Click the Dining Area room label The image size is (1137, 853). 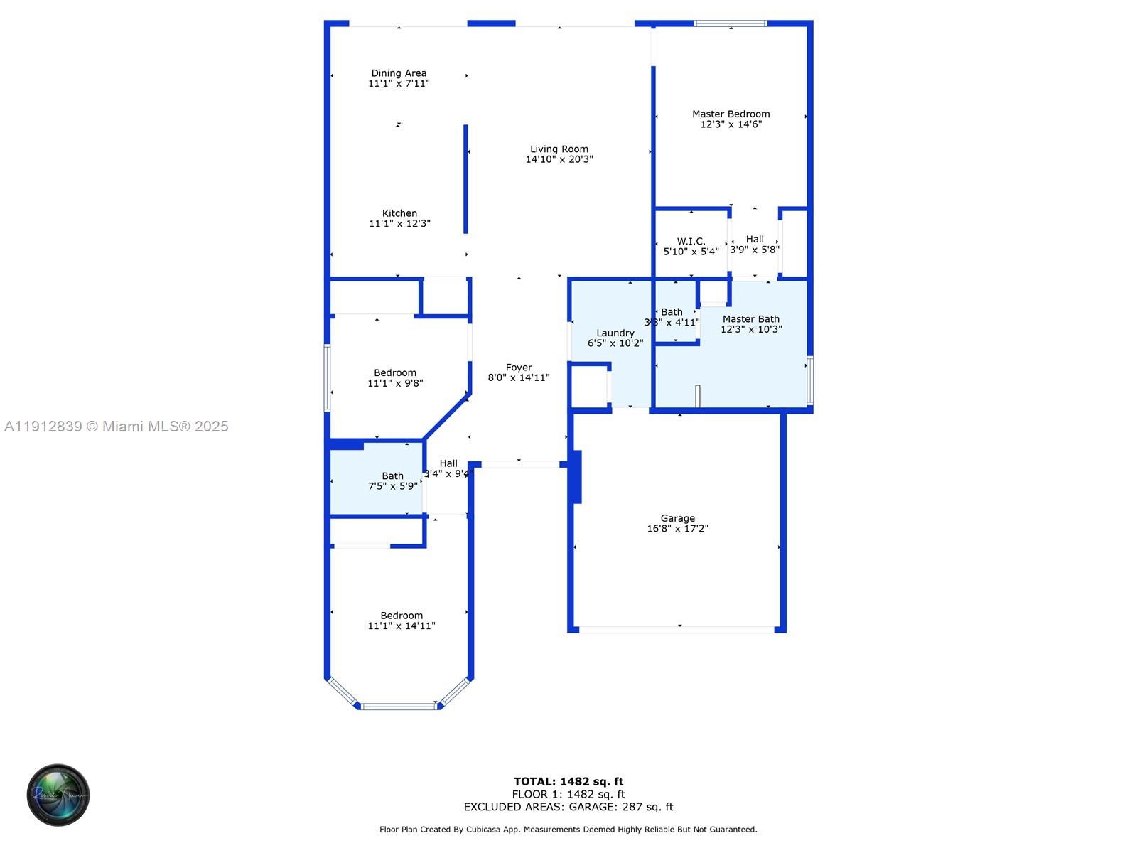point(399,73)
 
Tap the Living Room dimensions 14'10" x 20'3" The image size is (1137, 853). point(559,160)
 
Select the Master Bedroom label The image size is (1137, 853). point(731,114)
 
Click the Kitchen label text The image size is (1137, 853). point(399,213)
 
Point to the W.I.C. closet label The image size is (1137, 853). point(691,242)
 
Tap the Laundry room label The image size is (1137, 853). point(615,333)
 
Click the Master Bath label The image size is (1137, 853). point(751,319)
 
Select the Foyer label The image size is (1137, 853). point(519,368)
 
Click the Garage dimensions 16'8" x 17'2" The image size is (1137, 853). point(677,529)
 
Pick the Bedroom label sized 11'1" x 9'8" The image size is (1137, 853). point(395,373)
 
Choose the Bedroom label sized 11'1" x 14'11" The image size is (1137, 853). point(402,616)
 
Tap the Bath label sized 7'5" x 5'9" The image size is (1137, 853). point(392,476)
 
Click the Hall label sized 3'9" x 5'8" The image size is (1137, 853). point(755,240)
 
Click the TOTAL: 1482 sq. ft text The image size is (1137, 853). point(568,781)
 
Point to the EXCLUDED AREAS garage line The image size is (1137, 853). point(568,807)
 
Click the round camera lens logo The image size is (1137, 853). point(58,795)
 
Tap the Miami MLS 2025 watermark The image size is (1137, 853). point(117,426)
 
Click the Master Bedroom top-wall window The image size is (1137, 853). point(731,23)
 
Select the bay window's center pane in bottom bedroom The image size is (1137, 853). point(399,706)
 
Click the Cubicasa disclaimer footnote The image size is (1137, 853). point(568,830)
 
